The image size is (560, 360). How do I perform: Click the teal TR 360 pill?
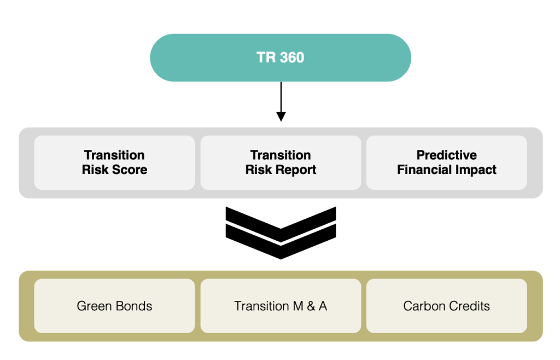tap(281, 57)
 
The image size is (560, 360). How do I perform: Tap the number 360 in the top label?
tap(292, 57)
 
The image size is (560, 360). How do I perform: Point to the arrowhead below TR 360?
tap(281, 117)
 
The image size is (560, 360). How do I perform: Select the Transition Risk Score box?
tap(115, 162)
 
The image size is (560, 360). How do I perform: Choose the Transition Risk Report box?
tap(281, 162)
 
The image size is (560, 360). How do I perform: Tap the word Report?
tap(295, 170)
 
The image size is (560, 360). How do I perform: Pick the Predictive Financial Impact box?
tap(447, 162)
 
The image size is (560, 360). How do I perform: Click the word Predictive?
tap(447, 155)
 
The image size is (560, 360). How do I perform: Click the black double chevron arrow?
tap(281, 233)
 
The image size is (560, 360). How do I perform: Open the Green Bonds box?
tap(115, 306)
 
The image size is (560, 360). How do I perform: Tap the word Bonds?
tap(134, 306)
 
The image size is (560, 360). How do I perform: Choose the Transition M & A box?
tap(281, 306)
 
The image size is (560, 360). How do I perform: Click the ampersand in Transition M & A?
tap(311, 306)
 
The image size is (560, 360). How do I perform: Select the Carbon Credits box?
tap(447, 306)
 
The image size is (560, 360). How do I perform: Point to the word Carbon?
tap(424, 306)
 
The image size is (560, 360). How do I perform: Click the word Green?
tap(95, 306)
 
